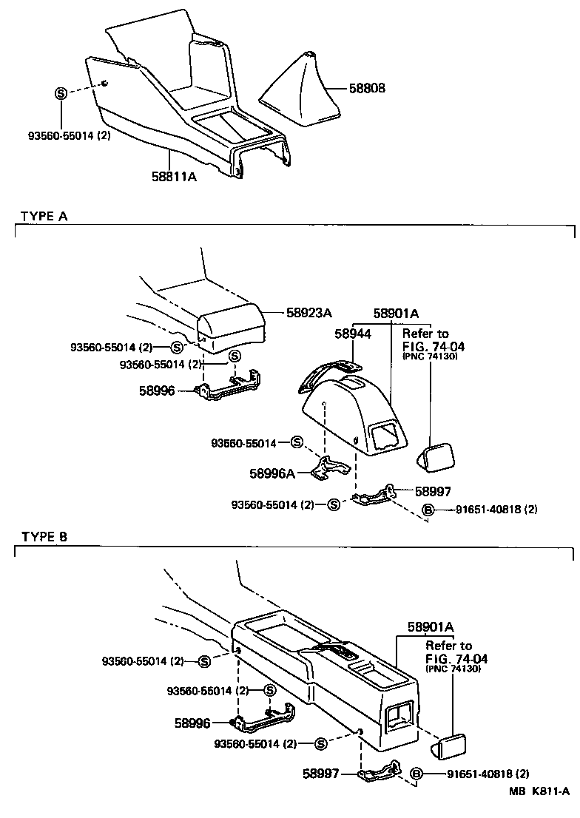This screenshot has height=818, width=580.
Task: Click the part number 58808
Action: pyautogui.click(x=367, y=88)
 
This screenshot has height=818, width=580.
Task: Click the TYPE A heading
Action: pyautogui.click(x=44, y=216)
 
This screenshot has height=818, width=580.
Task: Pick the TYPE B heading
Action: pyautogui.click(x=44, y=537)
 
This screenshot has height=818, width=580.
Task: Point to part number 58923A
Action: pyautogui.click(x=308, y=313)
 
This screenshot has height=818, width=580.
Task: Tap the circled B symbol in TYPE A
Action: pyautogui.click(x=427, y=509)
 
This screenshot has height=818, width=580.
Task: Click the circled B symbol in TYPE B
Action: pyautogui.click(x=416, y=774)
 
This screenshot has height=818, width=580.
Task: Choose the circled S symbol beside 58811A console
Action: pyautogui.click(x=61, y=92)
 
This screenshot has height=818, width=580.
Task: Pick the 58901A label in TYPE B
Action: pyautogui.click(x=429, y=627)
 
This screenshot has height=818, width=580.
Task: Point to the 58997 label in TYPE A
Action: pyautogui.click(x=433, y=490)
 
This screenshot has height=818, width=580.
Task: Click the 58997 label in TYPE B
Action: pyautogui.click(x=320, y=774)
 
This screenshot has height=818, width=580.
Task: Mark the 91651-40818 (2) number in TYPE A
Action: pyautogui.click(x=496, y=509)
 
